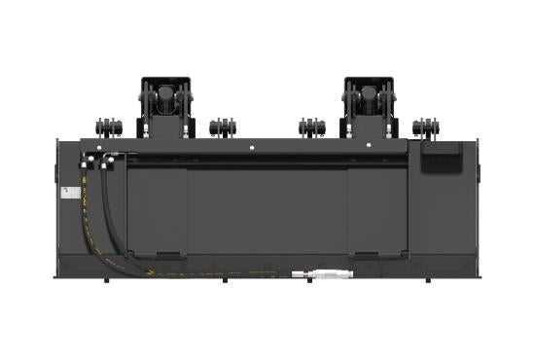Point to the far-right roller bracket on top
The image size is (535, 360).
point(425,126)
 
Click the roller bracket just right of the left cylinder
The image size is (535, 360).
point(223,127)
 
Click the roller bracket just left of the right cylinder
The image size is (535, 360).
point(311,127)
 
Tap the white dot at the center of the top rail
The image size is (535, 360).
point(251,148)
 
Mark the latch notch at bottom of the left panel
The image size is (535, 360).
point(165,255)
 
